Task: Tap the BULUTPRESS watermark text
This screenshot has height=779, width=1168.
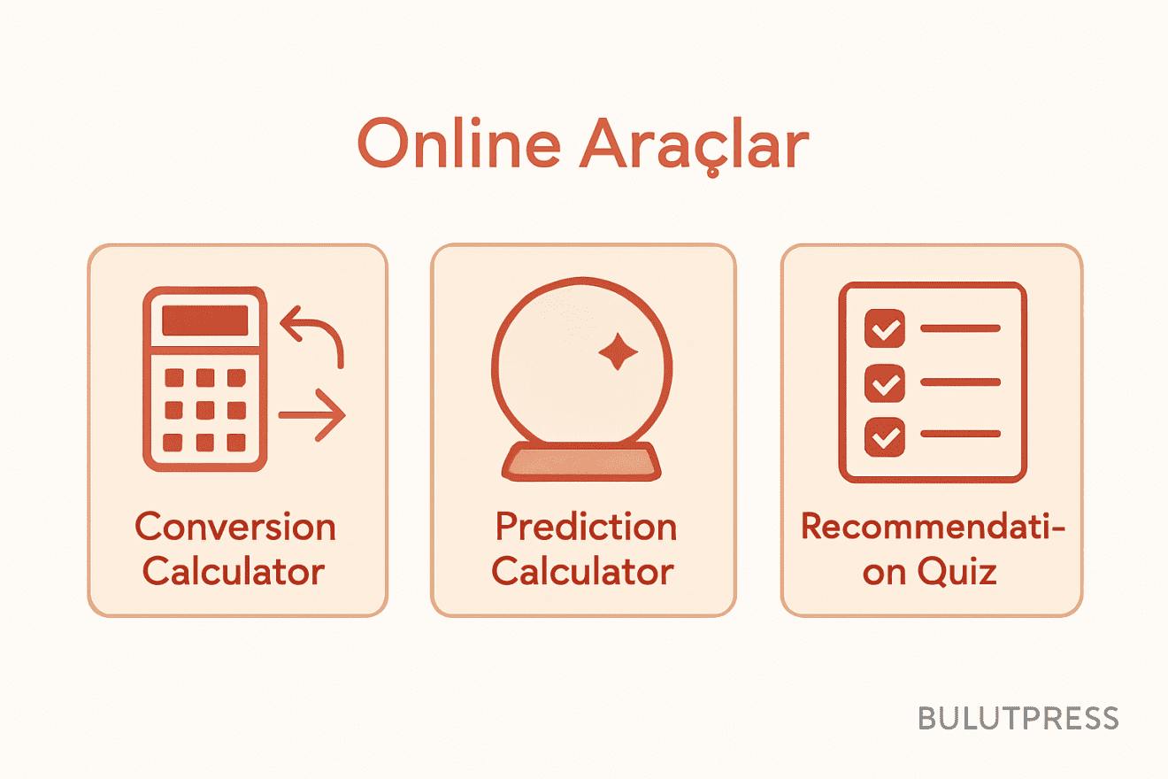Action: (x=1018, y=718)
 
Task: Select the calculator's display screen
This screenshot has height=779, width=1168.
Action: (x=204, y=320)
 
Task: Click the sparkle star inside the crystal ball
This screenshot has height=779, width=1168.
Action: (x=618, y=352)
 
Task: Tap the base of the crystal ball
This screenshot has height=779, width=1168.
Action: (x=582, y=462)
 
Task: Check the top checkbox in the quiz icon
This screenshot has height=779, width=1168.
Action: (x=883, y=328)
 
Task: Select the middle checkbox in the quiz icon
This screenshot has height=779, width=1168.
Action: (x=883, y=382)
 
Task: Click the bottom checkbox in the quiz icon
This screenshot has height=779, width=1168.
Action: (x=883, y=436)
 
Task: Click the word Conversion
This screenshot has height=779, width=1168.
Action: (x=235, y=527)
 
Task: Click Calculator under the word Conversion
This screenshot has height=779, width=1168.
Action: (x=234, y=571)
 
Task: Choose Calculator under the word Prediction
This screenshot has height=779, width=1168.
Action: (x=583, y=571)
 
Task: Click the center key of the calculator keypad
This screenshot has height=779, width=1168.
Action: (x=204, y=409)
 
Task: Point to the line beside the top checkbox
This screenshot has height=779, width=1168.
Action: (x=960, y=328)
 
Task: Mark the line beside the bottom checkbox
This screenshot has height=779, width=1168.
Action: (x=960, y=435)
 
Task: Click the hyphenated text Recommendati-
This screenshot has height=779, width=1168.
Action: (x=933, y=527)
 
